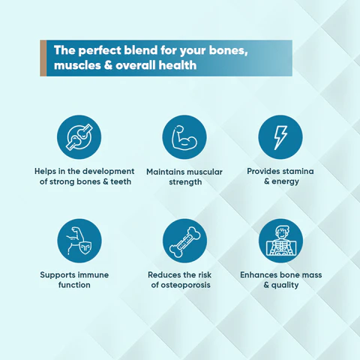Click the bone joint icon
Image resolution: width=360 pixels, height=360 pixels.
79,137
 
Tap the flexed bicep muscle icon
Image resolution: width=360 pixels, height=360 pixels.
184,137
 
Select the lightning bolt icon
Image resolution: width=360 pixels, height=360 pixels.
280,137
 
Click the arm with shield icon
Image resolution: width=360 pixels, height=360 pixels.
79,241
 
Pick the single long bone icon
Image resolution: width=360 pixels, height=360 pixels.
184,241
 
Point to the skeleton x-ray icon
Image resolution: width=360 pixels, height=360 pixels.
280,241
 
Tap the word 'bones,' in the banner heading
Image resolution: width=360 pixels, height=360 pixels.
228,50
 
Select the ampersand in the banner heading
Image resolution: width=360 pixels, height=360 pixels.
108,65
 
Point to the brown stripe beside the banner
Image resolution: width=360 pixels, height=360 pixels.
43,58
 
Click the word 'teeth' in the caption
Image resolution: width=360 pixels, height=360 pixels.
121,181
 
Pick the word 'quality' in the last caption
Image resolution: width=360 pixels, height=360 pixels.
285,285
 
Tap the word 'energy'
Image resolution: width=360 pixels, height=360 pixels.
285,181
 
